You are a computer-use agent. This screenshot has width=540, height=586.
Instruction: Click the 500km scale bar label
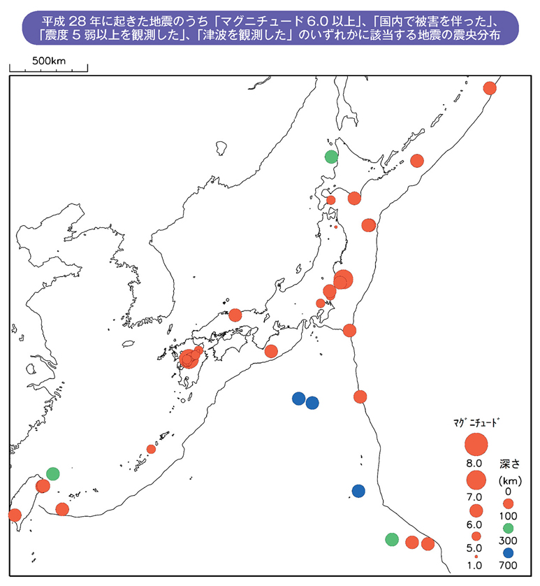[48, 61]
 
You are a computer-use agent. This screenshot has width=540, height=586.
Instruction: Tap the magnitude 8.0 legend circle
[476, 445]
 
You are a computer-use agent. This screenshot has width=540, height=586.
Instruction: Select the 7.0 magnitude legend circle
[476, 480]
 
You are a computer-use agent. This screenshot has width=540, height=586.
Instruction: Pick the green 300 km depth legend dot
[508, 527]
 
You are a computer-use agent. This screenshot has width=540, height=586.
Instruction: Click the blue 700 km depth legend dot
[508, 552]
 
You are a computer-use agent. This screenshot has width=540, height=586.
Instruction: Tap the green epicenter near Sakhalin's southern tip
[331, 157]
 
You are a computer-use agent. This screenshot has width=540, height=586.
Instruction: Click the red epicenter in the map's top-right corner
[490, 87]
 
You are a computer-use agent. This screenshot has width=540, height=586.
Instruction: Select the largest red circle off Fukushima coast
[344, 279]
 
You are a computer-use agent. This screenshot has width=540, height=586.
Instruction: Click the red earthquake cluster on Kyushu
[189, 359]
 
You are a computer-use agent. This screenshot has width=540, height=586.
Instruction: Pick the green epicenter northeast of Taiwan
[52, 474]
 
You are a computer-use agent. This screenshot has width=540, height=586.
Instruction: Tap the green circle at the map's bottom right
[392, 539]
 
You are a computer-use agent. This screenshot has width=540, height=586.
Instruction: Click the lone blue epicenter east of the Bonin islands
[358, 491]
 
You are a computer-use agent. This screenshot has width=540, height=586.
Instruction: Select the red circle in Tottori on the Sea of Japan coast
[235, 315]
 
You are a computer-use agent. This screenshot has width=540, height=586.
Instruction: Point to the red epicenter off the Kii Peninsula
[271, 351]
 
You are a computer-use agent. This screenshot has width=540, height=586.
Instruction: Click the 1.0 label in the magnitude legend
[475, 566]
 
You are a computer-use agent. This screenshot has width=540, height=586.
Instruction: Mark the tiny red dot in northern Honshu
[336, 227]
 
